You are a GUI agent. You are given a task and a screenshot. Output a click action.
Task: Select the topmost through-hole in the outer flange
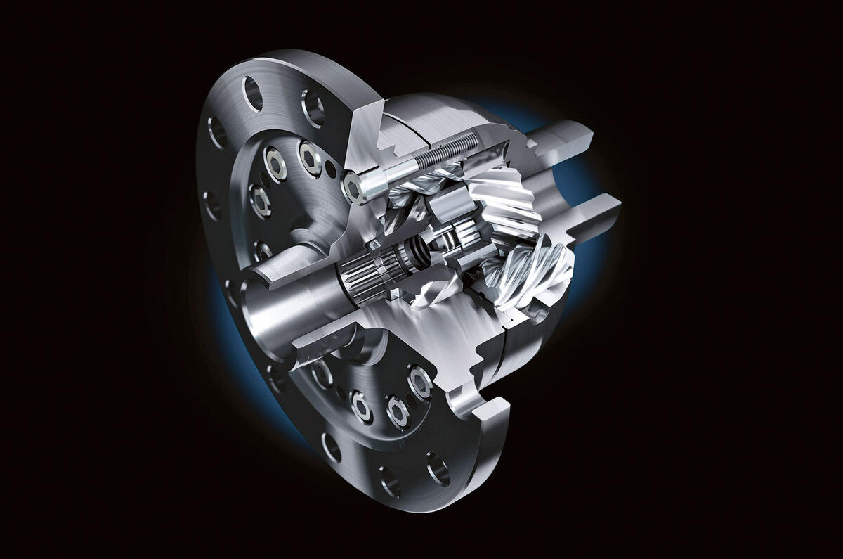[x=251, y=92]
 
